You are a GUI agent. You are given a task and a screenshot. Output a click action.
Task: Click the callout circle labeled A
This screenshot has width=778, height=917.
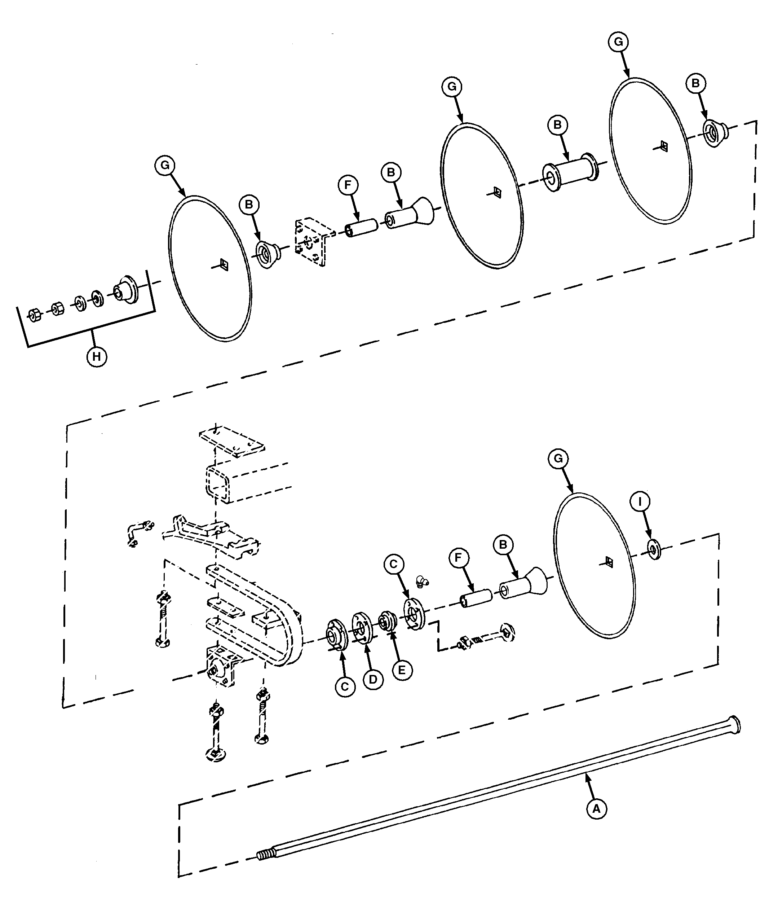pos(596,809)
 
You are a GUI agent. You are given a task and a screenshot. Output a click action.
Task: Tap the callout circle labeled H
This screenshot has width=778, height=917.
pos(97,356)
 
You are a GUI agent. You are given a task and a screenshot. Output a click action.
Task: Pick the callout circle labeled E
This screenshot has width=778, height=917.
pos(402,670)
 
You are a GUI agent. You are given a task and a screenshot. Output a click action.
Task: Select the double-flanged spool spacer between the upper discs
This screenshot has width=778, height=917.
pos(569,172)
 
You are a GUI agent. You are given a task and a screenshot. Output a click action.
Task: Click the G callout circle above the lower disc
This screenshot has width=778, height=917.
pos(558,458)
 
